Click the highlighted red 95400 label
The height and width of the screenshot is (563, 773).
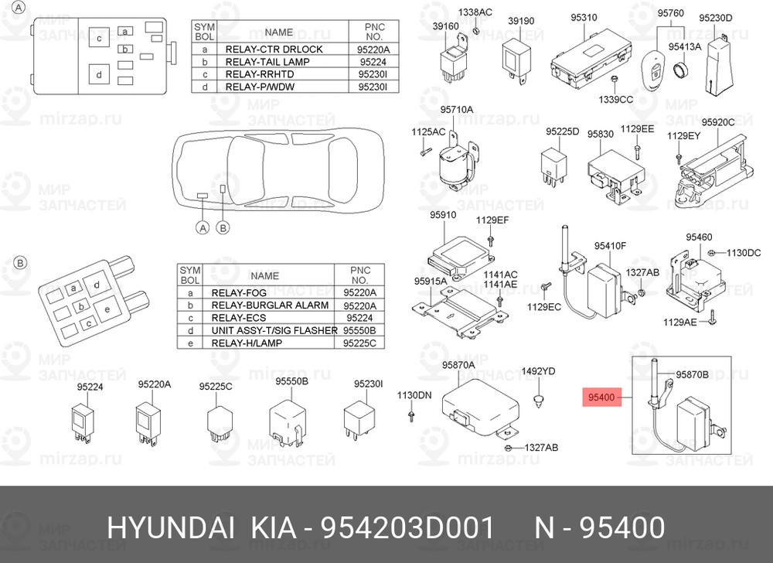(601, 398)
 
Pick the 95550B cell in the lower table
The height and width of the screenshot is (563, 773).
(359, 330)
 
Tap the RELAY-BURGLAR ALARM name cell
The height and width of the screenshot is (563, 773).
(270, 305)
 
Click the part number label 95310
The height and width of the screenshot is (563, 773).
(584, 18)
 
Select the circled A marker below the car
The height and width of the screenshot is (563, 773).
(203, 228)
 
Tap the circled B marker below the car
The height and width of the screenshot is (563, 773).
(223, 228)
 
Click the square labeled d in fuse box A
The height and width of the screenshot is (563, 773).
(100, 75)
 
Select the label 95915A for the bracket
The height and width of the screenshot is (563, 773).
(431, 281)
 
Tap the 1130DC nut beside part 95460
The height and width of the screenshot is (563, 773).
(711, 254)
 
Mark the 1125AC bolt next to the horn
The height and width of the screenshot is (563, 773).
(425, 152)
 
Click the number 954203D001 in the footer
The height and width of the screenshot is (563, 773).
(407, 528)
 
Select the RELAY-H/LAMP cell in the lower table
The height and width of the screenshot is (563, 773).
(247, 343)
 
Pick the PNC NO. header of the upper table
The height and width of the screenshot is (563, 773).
(373, 32)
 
